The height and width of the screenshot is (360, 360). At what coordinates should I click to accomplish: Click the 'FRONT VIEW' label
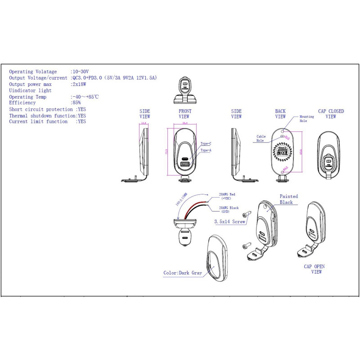click(x=184, y=114)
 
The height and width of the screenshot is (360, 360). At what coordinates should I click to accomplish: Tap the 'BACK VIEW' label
click(x=280, y=114)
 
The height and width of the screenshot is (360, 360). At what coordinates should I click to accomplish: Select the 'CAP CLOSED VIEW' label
click(x=331, y=114)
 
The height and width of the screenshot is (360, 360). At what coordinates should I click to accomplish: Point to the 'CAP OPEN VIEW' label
click(x=314, y=269)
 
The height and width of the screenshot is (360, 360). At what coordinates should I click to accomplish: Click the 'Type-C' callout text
click(x=206, y=144)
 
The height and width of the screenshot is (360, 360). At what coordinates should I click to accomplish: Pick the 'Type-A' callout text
click(x=206, y=150)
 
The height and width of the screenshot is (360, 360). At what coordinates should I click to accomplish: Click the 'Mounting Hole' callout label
click(x=307, y=119)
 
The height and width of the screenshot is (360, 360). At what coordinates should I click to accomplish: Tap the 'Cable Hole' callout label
click(x=261, y=138)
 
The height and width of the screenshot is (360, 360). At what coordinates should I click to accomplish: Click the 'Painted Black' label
click(x=288, y=199)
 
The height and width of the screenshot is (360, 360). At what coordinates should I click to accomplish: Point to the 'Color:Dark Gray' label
click(x=183, y=273)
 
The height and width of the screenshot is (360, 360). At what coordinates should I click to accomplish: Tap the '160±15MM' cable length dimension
click(x=181, y=198)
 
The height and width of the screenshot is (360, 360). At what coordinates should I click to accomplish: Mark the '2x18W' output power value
click(x=79, y=84)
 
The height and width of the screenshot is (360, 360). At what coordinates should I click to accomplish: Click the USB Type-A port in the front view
click(x=185, y=165)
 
